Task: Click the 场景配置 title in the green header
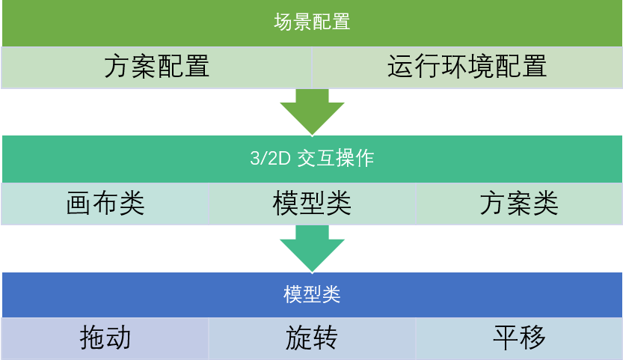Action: (x=312, y=22)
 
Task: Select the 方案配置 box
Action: (x=156, y=67)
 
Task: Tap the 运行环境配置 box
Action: (x=467, y=67)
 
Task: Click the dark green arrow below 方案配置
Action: (x=312, y=112)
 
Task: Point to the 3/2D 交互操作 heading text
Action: (x=312, y=159)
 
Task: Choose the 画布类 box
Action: (x=105, y=204)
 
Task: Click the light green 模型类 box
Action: (x=312, y=204)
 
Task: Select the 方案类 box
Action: (x=519, y=204)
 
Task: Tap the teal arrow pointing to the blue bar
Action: (x=312, y=249)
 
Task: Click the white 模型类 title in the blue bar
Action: (x=312, y=295)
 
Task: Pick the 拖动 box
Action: (x=105, y=338)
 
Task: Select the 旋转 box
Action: (x=312, y=338)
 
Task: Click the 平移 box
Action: (x=519, y=338)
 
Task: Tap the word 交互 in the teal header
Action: (x=316, y=159)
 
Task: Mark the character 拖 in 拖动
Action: (x=93, y=338)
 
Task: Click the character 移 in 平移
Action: (x=533, y=338)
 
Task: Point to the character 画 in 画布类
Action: (x=79, y=204)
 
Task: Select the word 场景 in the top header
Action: (x=293, y=22)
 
